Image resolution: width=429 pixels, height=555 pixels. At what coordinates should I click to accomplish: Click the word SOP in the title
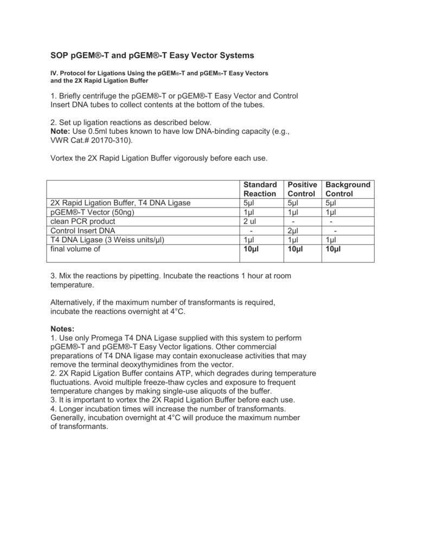click(x=60, y=55)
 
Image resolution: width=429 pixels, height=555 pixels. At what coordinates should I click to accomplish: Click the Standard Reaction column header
click(x=260, y=189)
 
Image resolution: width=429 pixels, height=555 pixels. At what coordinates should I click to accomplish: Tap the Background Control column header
click(x=347, y=189)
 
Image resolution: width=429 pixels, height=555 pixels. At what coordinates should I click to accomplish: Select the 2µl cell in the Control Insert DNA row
click(x=294, y=231)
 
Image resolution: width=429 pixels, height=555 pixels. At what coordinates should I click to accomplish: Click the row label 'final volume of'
click(x=75, y=249)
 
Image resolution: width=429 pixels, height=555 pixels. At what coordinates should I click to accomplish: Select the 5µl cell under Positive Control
click(x=293, y=203)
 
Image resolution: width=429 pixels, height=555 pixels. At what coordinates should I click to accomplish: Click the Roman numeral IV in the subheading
click(x=53, y=73)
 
